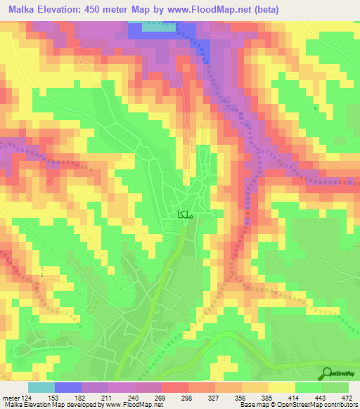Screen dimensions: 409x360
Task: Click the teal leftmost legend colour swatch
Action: tap(41, 387)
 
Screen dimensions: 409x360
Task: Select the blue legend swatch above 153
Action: tap(67, 387)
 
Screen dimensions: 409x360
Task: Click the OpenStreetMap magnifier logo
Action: tap(326, 374)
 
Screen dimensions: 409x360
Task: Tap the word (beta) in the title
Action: tap(264, 10)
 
